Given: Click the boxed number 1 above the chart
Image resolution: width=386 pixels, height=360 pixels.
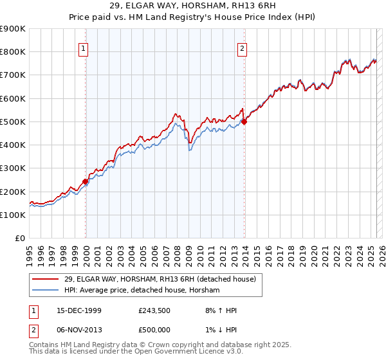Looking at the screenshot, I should click(85, 46).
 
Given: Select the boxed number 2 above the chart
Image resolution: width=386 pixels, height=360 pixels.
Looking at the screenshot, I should click(243, 46).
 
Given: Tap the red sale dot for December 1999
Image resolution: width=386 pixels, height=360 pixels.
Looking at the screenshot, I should click(86, 182).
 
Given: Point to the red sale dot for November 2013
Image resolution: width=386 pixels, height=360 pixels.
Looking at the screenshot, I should click(244, 122).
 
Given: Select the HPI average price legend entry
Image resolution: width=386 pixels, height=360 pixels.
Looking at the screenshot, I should click(142, 291).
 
